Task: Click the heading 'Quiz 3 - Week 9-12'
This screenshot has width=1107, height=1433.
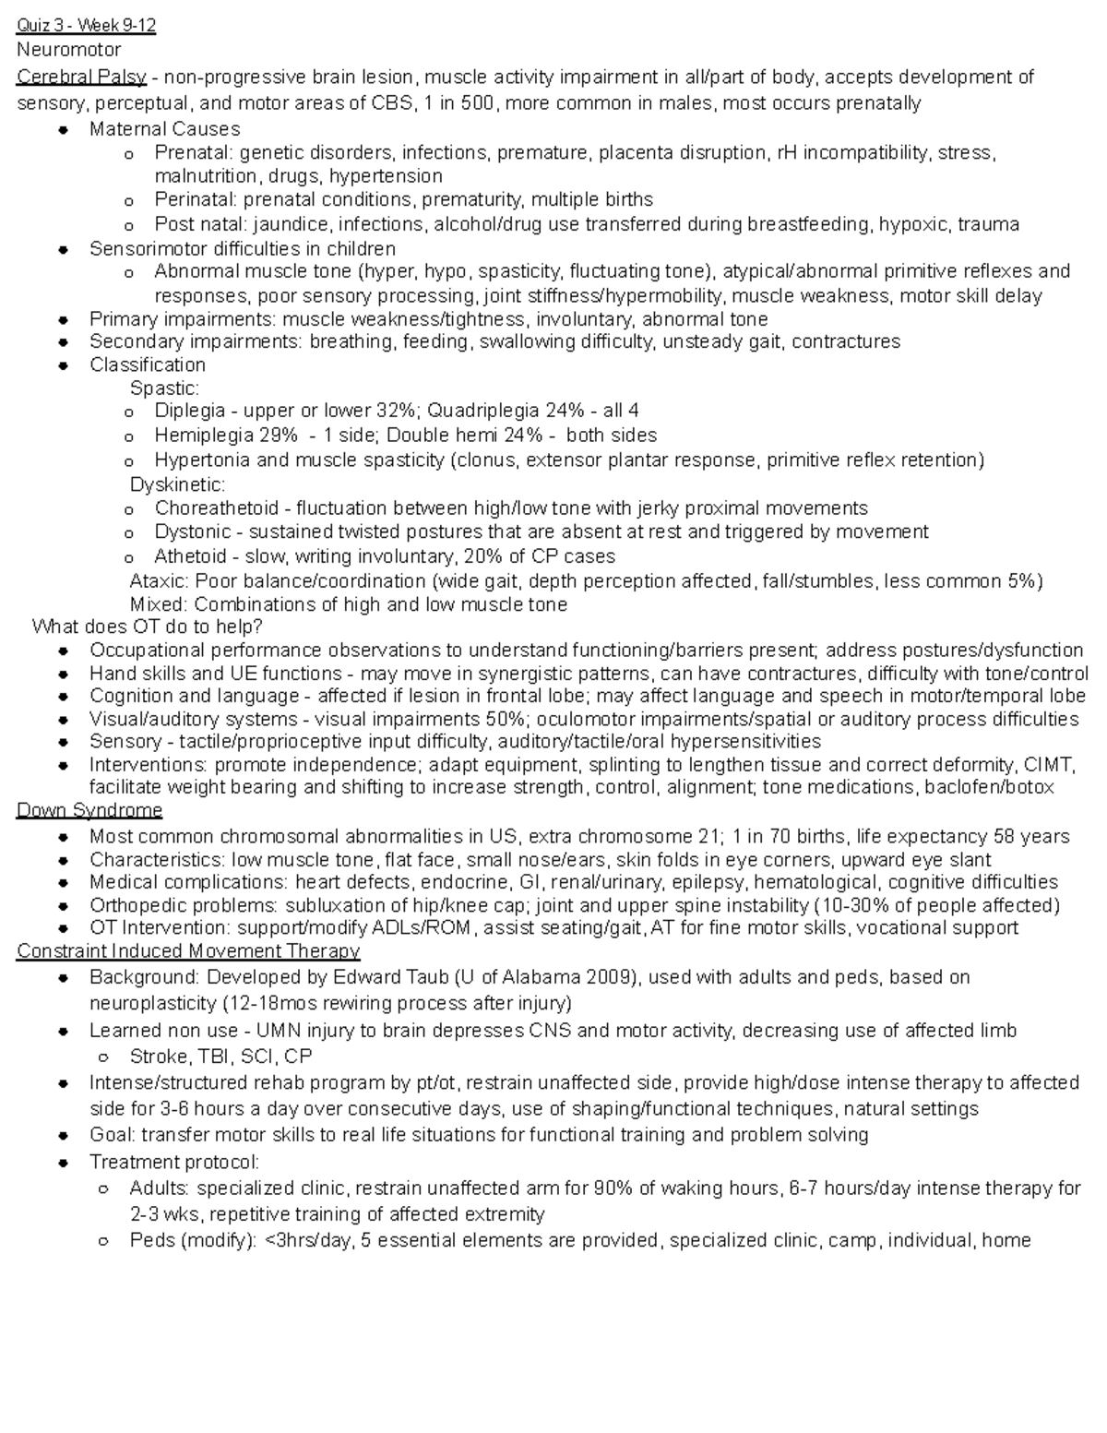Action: (87, 26)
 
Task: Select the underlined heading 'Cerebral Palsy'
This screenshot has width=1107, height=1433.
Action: (81, 77)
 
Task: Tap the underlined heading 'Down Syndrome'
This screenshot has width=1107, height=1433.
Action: (89, 810)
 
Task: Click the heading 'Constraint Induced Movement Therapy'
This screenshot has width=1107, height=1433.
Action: (188, 950)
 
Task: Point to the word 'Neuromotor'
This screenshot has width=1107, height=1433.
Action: (68, 50)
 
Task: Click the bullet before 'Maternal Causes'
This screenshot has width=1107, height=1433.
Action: (63, 130)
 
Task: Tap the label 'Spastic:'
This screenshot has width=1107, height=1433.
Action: (164, 388)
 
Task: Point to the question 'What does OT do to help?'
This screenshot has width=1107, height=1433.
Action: (148, 627)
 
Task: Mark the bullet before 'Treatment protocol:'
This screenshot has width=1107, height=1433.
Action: (63, 1163)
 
